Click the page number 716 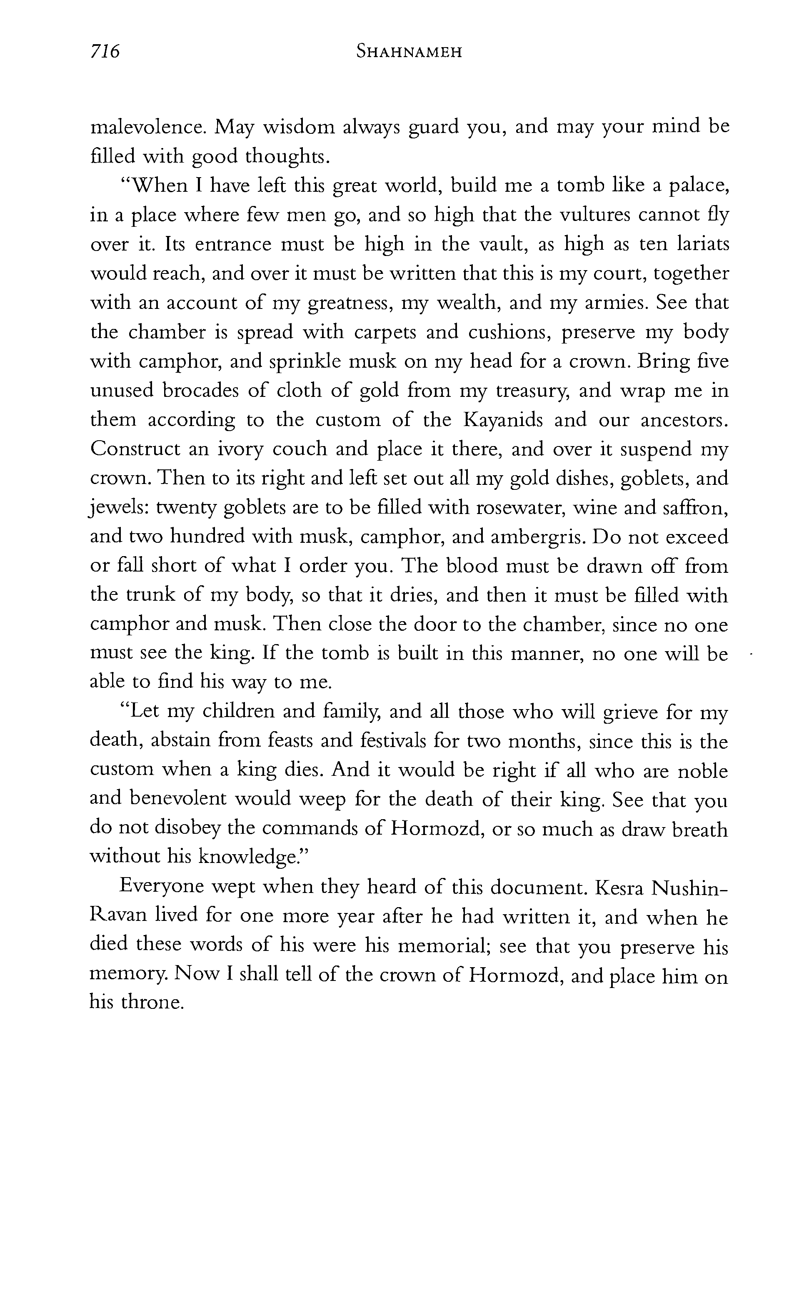(105, 52)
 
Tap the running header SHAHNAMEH (409, 52)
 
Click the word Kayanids (504, 420)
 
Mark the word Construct (135, 449)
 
